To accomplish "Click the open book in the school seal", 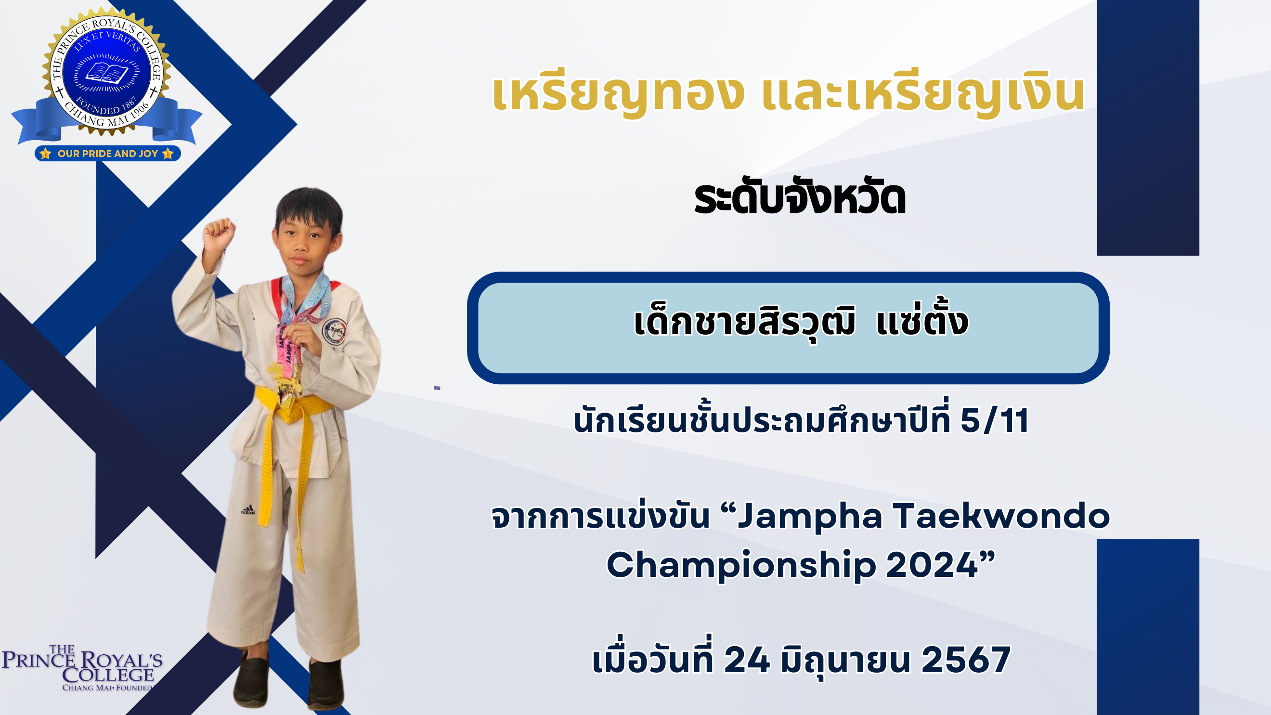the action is click(106, 74).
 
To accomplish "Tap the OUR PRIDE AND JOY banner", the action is click(107, 154).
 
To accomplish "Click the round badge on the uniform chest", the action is click(334, 331).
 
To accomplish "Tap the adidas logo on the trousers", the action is click(247, 510).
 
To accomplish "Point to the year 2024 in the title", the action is click(932, 564).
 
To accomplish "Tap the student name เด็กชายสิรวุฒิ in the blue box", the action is click(744, 322).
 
